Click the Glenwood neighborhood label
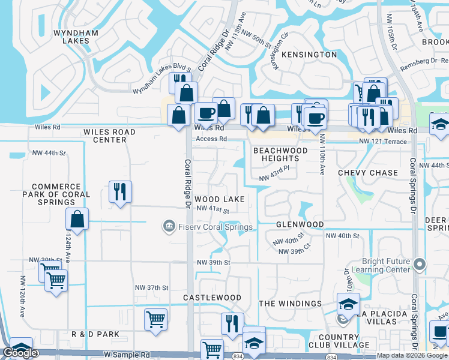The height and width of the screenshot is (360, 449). point(300,224)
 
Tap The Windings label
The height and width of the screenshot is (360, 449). point(290,304)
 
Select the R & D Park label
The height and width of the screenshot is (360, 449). point(95,334)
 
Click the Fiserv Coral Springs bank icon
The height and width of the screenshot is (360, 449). point(169,226)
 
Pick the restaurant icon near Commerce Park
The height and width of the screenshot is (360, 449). point(119,192)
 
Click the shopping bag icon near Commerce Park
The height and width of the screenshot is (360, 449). point(77,219)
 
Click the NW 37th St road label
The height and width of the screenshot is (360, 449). point(150,287)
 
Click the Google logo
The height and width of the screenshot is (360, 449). point(20,353)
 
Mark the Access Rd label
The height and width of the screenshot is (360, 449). point(210,139)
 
